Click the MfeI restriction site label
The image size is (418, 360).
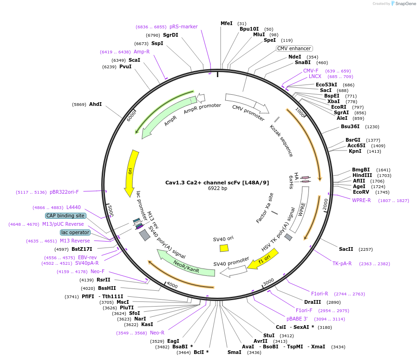click(227, 23)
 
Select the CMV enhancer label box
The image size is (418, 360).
click(294, 48)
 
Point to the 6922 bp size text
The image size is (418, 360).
click(217, 189)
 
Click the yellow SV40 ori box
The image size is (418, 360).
click(224, 248)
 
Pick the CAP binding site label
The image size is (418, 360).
click(65, 216)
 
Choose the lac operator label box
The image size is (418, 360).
click(75, 232)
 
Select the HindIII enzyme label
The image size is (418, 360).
click(362, 175)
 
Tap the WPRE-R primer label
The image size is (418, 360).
click(361, 200)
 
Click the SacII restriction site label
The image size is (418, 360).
click(346, 249)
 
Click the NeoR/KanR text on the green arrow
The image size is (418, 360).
click(186, 267)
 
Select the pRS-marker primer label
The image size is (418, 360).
click(183, 26)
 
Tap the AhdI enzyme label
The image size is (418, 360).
click(95, 105)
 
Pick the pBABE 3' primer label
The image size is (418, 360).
click(297, 319)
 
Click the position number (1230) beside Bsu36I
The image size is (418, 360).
click(372, 127)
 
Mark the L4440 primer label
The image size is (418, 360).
click(73, 207)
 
